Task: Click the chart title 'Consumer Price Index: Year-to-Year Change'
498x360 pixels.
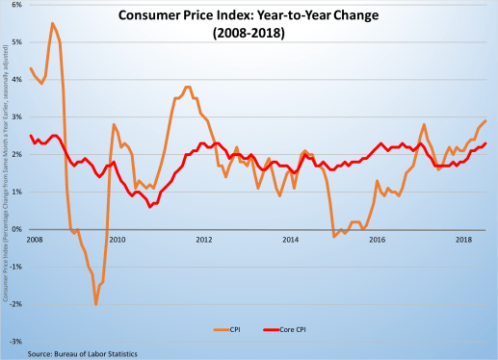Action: click(x=249, y=15)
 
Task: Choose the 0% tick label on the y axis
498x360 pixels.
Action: click(x=19, y=229)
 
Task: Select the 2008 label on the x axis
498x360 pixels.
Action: click(x=36, y=238)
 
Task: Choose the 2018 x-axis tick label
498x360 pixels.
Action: click(x=462, y=238)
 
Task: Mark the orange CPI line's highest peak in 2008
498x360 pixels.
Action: click(x=51, y=23)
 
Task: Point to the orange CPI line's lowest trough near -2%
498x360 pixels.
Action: click(x=95, y=304)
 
